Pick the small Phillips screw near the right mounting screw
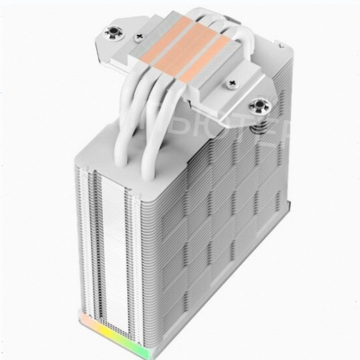point(233,85)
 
